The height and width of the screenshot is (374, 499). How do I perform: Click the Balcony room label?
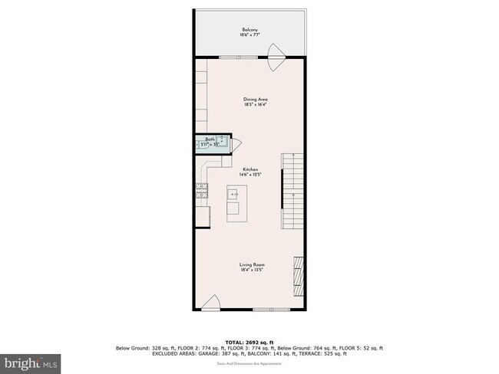[x=250, y=31]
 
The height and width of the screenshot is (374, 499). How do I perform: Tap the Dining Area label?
[x=256, y=100]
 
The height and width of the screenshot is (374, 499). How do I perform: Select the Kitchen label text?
[x=250, y=169]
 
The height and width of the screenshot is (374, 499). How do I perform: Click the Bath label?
[x=209, y=139]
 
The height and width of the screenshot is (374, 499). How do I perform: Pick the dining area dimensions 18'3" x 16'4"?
[x=256, y=106]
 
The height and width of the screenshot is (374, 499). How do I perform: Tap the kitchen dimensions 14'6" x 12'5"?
[x=250, y=176]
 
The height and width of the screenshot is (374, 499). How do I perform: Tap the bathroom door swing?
[x=236, y=143]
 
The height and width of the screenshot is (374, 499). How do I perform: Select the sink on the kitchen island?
[x=235, y=195]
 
